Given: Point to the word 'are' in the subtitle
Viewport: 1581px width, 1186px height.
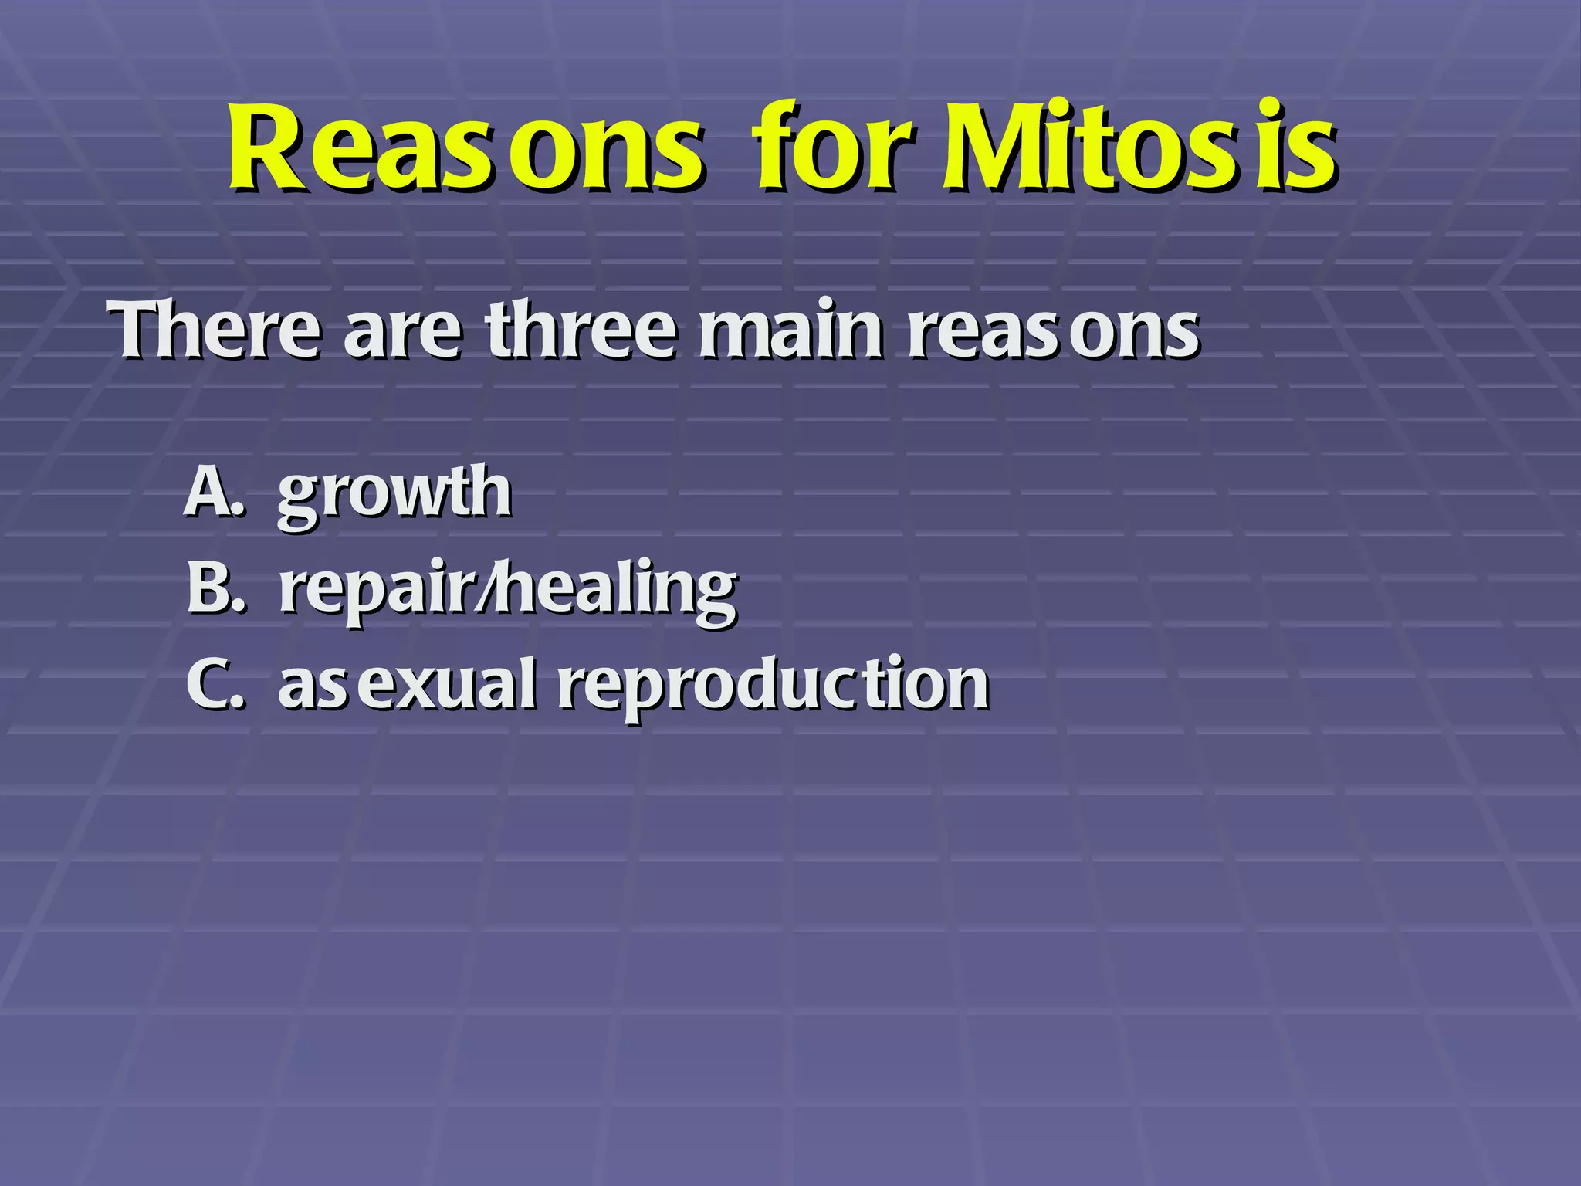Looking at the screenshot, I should pyautogui.click(x=403, y=336).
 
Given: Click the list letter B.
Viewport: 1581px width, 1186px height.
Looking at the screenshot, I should pyautogui.click(x=210, y=588).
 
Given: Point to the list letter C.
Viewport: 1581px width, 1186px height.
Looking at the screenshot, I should pyautogui.click(x=210, y=684).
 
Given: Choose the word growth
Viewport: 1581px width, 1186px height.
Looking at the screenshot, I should pyautogui.click(x=394, y=494).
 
